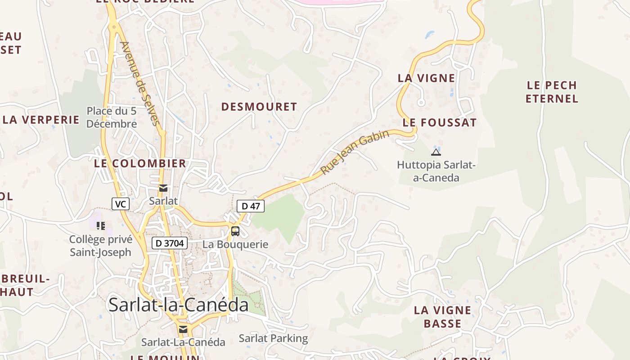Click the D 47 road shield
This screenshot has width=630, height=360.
click(251, 206)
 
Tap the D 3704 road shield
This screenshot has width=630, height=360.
click(169, 243)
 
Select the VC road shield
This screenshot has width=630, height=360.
click(120, 204)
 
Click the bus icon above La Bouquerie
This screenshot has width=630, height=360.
click(235, 231)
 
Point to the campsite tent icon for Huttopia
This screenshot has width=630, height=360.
click(436, 152)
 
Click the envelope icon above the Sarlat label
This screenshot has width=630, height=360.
click(163, 188)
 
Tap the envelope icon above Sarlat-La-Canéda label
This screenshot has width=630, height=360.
click(183, 329)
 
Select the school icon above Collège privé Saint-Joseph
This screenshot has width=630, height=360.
click(100, 225)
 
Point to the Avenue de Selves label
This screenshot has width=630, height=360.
click(140, 83)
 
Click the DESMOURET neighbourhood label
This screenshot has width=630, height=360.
click(259, 107)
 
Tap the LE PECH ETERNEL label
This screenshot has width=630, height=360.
click(552, 92)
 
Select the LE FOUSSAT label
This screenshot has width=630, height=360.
click(439, 122)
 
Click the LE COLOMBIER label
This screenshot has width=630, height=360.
click(140, 163)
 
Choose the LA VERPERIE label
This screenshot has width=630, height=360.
click(41, 120)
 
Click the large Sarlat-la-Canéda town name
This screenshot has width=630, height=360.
click(179, 305)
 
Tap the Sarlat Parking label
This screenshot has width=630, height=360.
click(273, 338)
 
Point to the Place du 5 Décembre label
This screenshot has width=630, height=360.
click(112, 117)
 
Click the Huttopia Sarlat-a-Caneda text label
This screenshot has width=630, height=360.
click(436, 171)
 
